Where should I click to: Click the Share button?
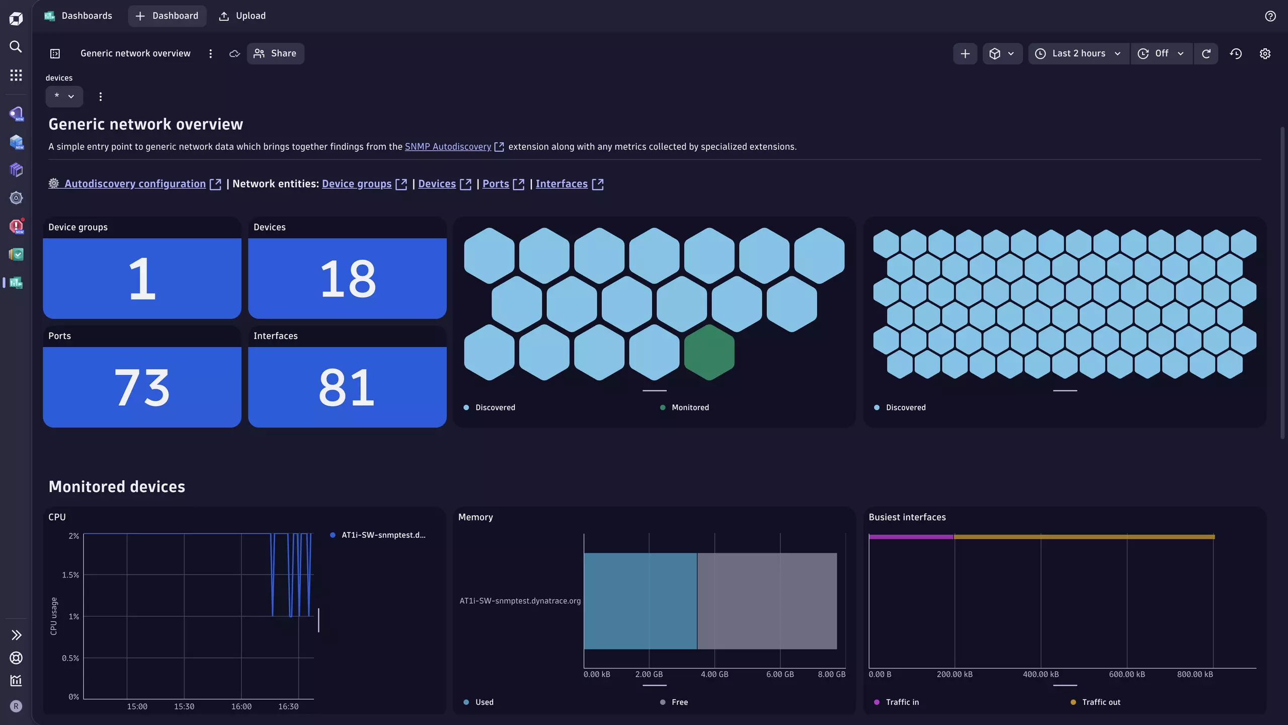point(275,53)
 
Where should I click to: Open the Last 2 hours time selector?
point(1079,53)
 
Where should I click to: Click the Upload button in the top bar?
point(243,16)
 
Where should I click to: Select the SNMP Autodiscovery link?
point(448,147)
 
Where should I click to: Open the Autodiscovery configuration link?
point(135,184)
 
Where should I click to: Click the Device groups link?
point(357,184)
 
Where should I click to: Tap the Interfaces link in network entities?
point(561,184)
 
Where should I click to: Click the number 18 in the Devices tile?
point(347,278)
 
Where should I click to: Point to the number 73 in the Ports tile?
point(142,387)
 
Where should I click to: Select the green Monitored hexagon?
point(709,352)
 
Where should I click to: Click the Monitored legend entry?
point(690,407)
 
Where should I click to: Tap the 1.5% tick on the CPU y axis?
point(70,575)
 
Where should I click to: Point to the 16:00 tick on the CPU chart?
point(242,706)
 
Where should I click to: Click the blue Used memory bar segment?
point(640,601)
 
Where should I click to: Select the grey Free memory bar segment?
point(767,601)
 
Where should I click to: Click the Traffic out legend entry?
point(1101,702)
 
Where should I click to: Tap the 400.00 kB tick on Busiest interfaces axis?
point(1040,674)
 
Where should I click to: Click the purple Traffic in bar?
point(911,537)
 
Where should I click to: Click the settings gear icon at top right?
point(1265,53)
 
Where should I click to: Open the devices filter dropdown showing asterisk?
point(64,96)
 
